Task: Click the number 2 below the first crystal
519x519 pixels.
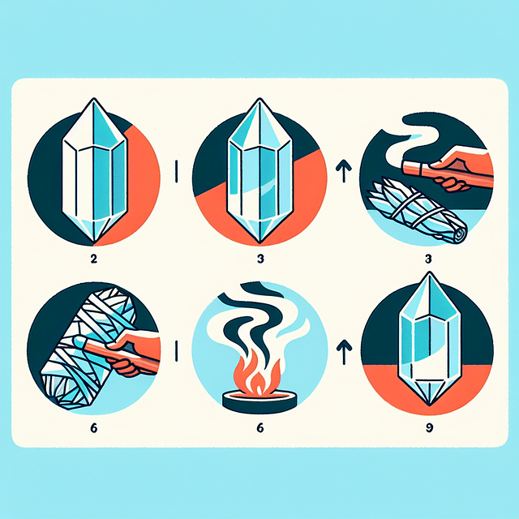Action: pos(94,259)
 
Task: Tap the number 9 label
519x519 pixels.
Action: pos(429,428)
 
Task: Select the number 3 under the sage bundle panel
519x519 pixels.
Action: pos(428,259)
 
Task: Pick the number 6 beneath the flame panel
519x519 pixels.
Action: pos(260,428)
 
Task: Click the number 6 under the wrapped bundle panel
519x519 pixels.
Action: pos(94,428)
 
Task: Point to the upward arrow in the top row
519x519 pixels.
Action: pos(344,171)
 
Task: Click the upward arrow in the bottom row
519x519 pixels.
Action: pos(344,352)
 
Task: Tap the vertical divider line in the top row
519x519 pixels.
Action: pos(177,171)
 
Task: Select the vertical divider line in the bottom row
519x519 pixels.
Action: pos(177,351)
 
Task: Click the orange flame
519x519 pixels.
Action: pos(258,374)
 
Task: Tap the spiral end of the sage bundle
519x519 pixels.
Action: pos(460,234)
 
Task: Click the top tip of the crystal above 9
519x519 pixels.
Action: pos(430,272)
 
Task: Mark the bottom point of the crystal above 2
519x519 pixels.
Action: pos(95,242)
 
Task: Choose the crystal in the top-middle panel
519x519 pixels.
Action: pos(260,170)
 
